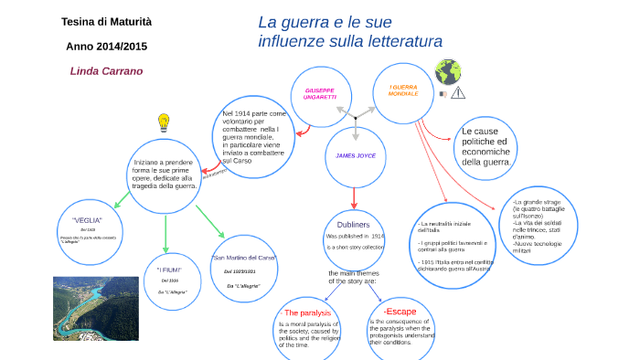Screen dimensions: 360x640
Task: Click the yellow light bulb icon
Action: [165, 122]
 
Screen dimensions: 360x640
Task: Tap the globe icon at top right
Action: [447, 70]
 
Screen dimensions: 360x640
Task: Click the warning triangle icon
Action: [458, 92]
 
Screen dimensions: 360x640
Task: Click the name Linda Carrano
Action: [106, 70]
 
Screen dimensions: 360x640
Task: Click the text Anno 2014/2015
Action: [106, 46]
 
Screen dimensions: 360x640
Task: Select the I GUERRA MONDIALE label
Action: [402, 90]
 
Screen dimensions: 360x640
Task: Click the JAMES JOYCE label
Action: [357, 156]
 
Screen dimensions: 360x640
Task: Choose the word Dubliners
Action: [353, 224]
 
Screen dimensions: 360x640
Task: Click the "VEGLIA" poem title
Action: [87, 220]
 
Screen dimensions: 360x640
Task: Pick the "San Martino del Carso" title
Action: [243, 259]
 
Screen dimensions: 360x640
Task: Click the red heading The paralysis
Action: [307, 313]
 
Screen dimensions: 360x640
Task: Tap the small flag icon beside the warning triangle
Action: [443, 93]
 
